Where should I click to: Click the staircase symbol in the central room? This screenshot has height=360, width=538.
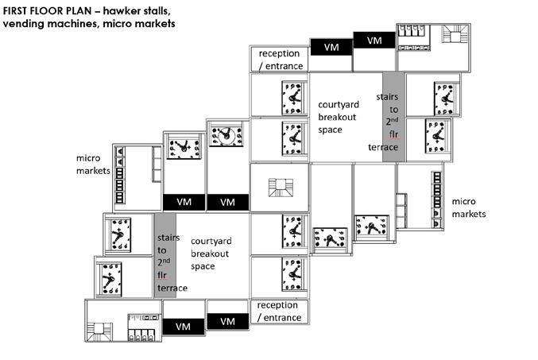279,188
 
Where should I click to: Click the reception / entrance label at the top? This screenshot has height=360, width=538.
280,60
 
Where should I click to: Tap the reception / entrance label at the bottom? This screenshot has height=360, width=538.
279,312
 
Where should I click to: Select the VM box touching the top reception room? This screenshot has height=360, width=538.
331,48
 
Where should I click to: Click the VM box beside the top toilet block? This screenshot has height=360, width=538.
374,39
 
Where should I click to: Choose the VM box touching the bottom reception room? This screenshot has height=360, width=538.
228,320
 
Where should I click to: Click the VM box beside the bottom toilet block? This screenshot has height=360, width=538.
183,326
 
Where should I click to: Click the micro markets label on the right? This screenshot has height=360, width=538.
467,207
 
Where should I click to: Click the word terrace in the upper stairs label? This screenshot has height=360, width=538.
383,147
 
